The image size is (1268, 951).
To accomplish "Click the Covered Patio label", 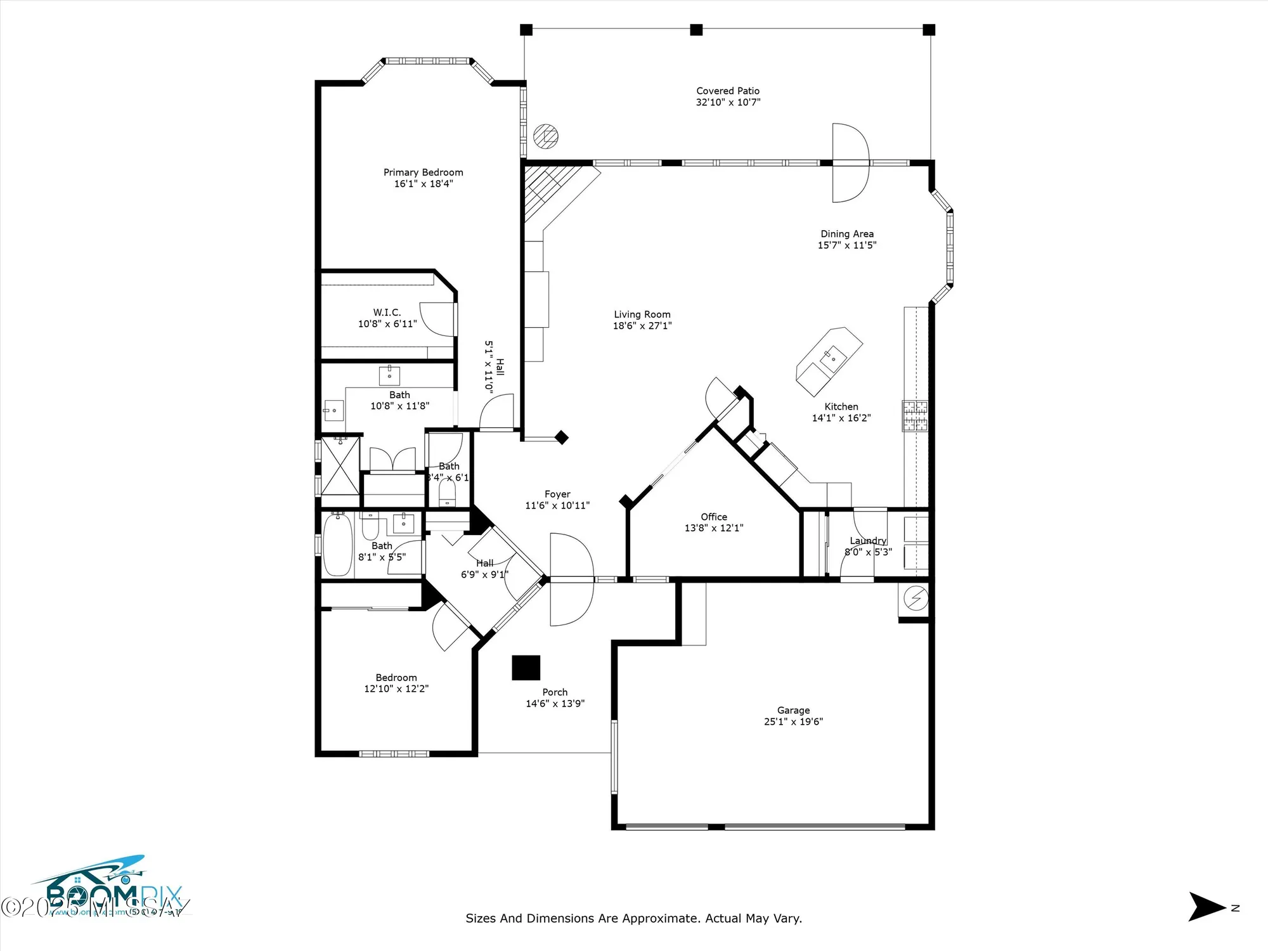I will [x=728, y=91].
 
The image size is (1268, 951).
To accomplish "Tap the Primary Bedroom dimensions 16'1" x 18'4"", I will [x=424, y=184].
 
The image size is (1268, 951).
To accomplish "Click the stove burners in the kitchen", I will [x=915, y=416].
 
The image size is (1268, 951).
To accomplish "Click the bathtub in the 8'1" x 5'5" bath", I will [x=337, y=545].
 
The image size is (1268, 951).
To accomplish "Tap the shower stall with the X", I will [x=340, y=465].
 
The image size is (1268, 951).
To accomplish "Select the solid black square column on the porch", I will [x=526, y=668].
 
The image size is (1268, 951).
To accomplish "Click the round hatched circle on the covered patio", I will [x=545, y=136].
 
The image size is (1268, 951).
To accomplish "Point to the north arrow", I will [x=1207, y=907].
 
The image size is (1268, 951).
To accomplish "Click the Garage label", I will [x=793, y=710].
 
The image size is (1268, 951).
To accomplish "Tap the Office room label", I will [x=714, y=517].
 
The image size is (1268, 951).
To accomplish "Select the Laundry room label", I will [x=868, y=541].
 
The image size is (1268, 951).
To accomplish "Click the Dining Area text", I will [x=847, y=234].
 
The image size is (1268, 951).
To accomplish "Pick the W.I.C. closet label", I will [x=387, y=313].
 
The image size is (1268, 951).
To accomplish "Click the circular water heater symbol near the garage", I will [x=915, y=598].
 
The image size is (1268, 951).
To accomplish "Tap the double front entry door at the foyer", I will [x=571, y=579].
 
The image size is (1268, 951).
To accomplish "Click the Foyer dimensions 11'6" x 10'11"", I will [x=557, y=505].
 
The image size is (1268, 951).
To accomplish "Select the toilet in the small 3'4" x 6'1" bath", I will [x=448, y=495].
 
